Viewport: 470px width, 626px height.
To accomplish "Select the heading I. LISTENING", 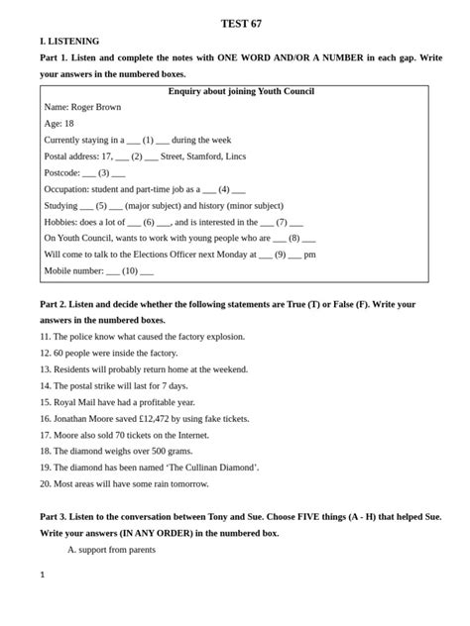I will tap(69, 42).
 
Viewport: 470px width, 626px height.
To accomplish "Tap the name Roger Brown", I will tap(96, 107).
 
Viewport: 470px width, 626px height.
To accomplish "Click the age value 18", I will tap(68, 124).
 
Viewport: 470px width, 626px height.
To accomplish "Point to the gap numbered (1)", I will tap(148, 141).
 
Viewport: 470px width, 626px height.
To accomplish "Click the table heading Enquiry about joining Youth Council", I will tap(241, 91).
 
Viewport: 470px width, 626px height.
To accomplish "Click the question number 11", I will tap(45, 337).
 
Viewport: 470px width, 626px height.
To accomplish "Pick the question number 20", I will tap(45, 483).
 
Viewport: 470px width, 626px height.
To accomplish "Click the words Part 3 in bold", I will tap(54, 517).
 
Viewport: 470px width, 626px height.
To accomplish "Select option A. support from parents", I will tap(111, 549).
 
